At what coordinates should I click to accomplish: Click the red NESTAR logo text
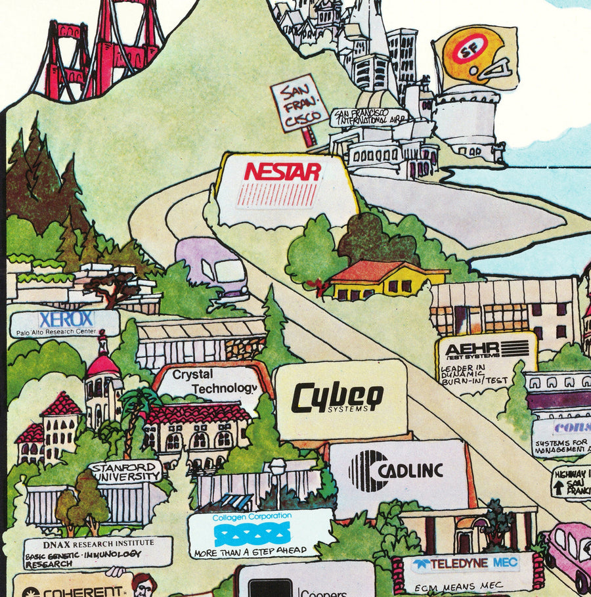click(x=282, y=173)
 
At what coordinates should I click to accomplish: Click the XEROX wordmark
click(x=66, y=320)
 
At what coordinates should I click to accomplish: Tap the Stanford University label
click(x=125, y=471)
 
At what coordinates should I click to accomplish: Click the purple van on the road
click(x=211, y=267)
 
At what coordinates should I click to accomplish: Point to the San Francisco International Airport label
click(x=368, y=117)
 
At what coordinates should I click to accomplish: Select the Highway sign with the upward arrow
click(x=571, y=482)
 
